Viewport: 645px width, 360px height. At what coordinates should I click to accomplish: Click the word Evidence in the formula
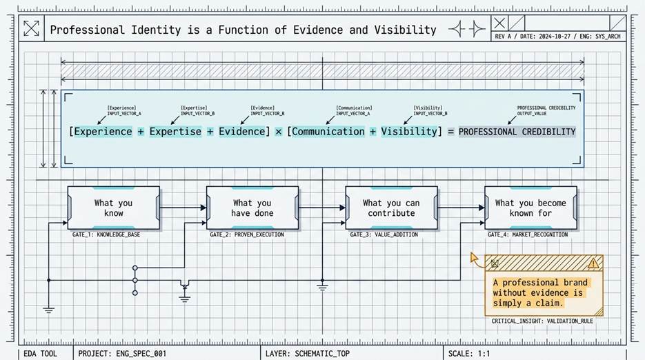(242, 132)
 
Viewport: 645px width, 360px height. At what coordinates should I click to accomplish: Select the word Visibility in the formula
(409, 132)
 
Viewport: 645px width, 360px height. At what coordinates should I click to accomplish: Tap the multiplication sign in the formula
(279, 132)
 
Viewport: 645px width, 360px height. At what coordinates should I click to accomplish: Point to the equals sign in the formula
(451, 132)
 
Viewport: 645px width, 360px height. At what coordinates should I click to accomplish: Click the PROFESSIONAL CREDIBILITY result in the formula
(517, 132)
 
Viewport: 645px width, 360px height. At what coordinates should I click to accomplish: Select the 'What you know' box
(114, 208)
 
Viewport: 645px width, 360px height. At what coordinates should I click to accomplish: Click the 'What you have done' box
(252, 208)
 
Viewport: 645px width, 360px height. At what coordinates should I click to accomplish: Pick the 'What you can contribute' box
(391, 208)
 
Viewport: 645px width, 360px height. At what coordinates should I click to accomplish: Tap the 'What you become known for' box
(530, 208)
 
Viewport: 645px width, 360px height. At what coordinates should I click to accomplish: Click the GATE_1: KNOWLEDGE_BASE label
(106, 234)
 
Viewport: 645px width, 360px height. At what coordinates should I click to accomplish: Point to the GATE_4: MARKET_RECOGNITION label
(528, 234)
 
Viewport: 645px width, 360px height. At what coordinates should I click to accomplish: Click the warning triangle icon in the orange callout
(593, 263)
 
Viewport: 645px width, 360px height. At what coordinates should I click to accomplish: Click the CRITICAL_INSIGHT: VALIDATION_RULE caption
(542, 321)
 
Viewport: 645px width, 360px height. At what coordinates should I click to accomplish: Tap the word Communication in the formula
(328, 132)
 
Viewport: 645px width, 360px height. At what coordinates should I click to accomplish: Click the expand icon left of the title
(31, 28)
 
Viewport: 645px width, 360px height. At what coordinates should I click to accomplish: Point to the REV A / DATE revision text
(557, 36)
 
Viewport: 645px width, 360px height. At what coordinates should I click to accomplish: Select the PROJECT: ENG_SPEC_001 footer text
(122, 353)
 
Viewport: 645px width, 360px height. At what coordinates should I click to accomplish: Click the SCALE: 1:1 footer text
(469, 353)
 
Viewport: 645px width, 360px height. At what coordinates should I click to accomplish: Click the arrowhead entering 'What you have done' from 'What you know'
(204, 208)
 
